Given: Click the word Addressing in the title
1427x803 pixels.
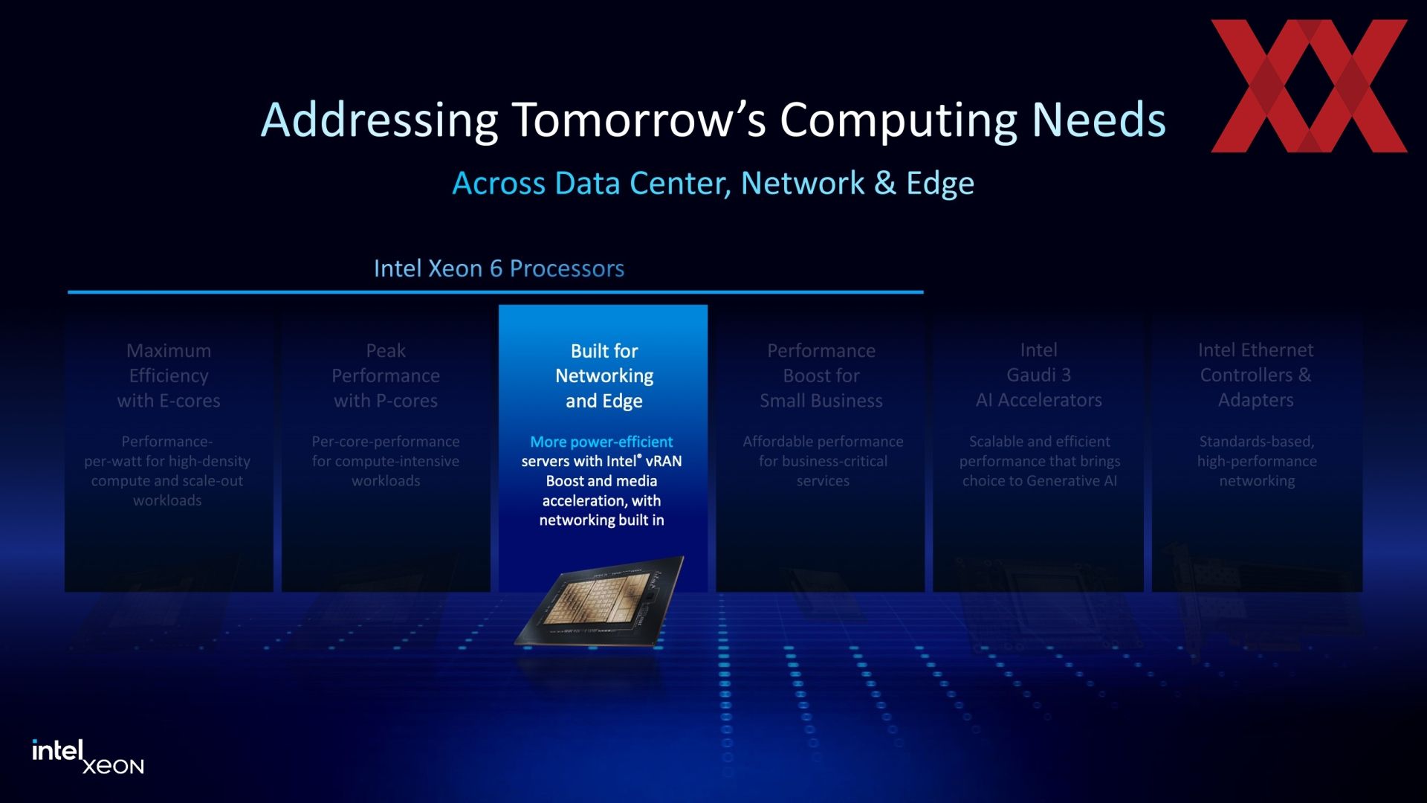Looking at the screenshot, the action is coord(379,121).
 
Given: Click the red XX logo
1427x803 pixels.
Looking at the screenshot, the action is coord(1309,86).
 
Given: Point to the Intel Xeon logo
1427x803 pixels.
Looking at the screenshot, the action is coord(88,757).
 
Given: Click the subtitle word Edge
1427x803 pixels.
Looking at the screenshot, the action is coord(940,184).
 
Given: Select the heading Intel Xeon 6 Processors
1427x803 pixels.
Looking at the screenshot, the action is coord(499,268).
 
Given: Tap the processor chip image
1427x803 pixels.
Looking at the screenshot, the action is coord(600,601).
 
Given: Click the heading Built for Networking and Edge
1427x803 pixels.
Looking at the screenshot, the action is coord(604,376).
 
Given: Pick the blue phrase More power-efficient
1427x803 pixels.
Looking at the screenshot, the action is coord(601,442).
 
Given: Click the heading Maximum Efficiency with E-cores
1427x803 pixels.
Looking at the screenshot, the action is coord(169,376).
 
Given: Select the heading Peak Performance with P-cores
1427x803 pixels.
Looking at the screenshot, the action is coord(386,376).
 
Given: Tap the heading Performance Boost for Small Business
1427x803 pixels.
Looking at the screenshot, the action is coord(821,376).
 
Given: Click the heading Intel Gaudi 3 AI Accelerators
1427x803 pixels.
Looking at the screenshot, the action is coord(1039,375).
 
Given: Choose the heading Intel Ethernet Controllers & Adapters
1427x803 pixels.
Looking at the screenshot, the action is coord(1256,375).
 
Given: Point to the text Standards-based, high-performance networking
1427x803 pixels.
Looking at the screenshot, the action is coord(1257,461).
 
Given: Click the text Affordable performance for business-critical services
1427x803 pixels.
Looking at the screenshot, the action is coord(823,461).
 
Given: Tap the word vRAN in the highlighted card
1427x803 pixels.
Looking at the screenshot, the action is coord(664,461).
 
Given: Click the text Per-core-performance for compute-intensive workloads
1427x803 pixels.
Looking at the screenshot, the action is coord(386,461).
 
